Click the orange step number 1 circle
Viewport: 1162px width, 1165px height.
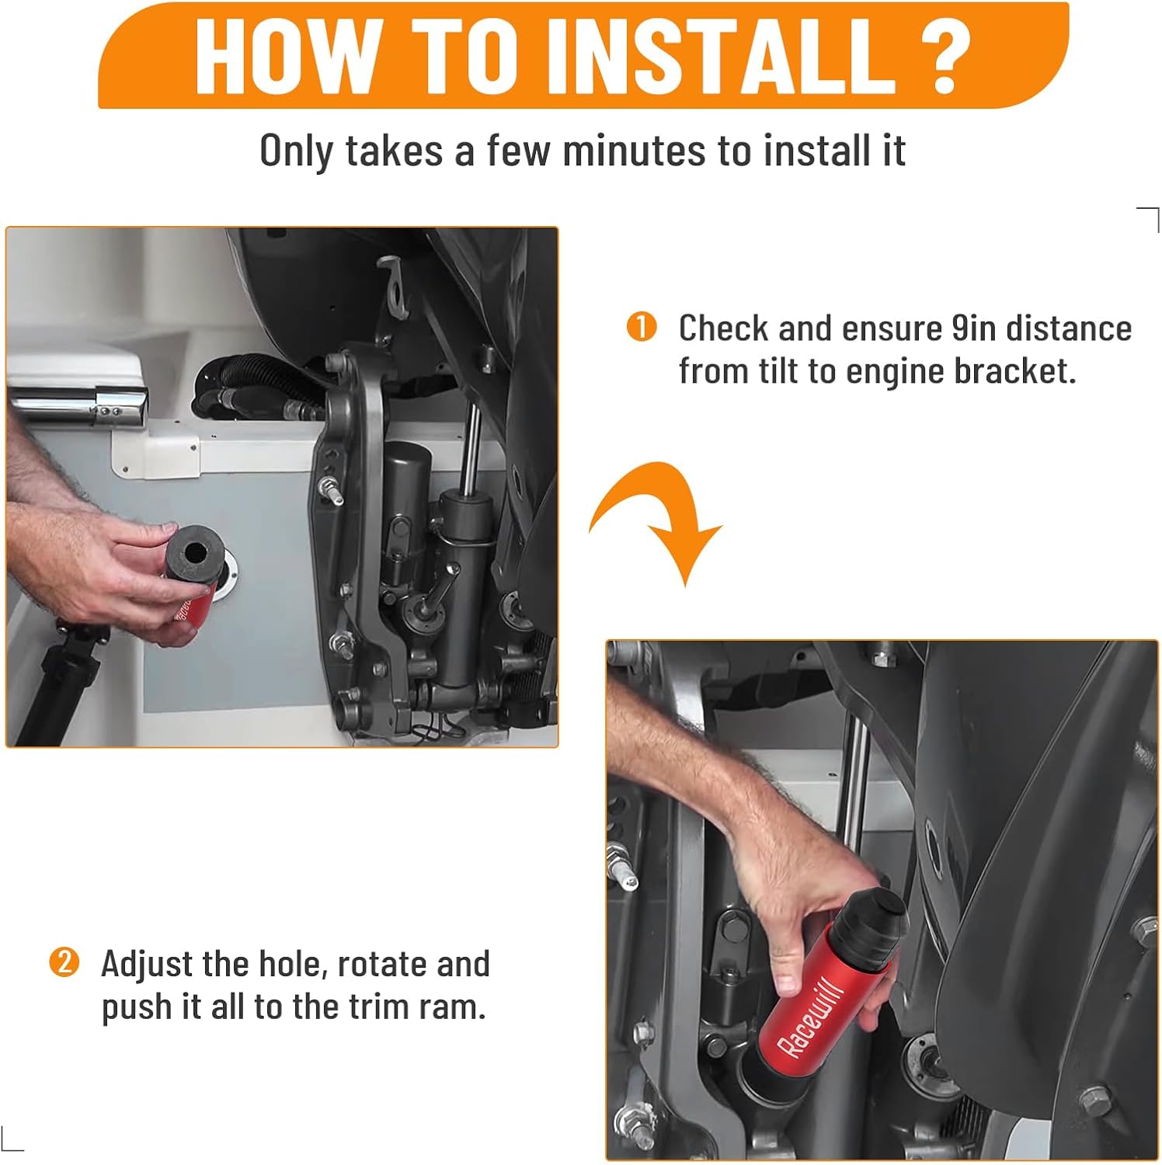tap(642, 327)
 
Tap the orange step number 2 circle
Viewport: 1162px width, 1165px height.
tap(64, 962)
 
